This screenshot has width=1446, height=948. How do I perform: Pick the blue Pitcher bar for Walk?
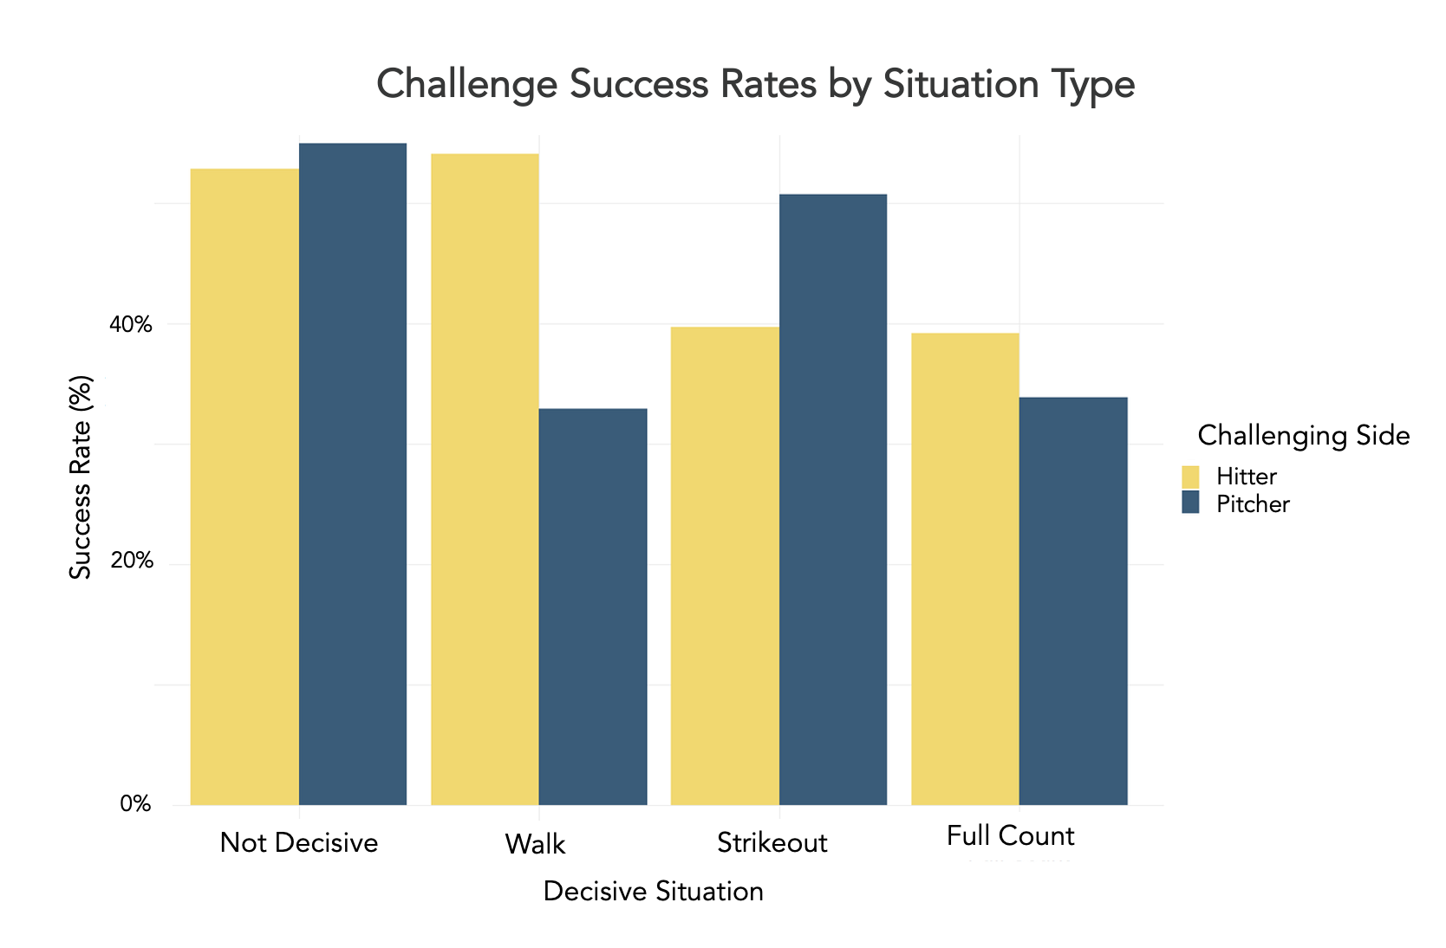(593, 607)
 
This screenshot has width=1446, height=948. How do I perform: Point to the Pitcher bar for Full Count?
(1073, 601)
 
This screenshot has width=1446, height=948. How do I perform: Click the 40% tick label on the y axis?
(130, 325)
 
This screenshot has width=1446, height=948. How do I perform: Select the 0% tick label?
(135, 804)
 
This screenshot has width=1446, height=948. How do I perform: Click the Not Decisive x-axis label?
(299, 842)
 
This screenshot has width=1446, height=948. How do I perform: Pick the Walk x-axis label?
(535, 844)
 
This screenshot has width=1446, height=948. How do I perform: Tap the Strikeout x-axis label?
(772, 843)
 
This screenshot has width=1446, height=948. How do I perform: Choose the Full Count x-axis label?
(1010, 836)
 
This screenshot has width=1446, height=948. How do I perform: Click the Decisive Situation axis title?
(653, 892)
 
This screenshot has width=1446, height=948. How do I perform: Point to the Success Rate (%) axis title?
(81, 477)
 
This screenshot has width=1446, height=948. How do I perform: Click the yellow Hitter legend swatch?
(1190, 477)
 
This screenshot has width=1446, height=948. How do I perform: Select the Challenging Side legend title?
(1303, 435)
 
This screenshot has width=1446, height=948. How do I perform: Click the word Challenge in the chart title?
(467, 85)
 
